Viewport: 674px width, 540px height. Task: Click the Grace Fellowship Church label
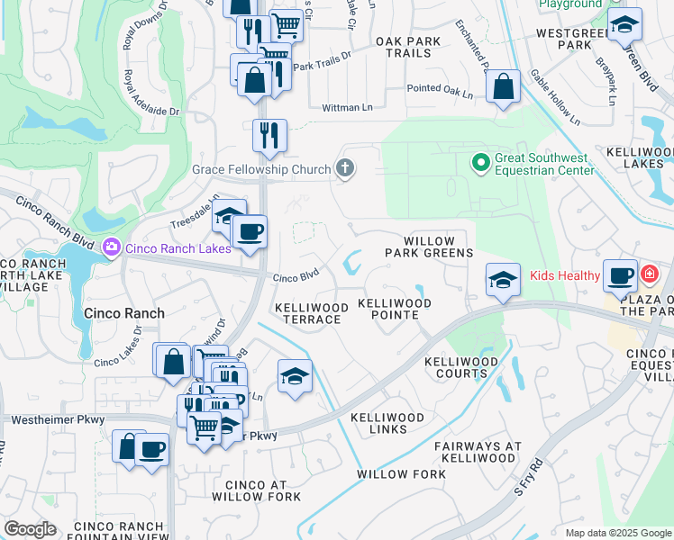260,168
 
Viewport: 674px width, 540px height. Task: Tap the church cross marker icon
343,167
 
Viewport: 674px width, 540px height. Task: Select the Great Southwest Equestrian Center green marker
480,163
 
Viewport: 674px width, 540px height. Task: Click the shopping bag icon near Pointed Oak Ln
503,87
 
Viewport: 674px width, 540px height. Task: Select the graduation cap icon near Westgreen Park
624,25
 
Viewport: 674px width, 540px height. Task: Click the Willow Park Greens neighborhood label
438,247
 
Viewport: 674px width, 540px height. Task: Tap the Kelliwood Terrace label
311,314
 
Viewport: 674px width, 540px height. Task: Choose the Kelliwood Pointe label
395,310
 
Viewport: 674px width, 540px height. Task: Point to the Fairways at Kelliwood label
478,452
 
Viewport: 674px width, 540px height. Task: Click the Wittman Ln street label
347,108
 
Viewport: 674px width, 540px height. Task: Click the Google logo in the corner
31,528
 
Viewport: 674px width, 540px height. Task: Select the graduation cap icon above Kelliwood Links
294,376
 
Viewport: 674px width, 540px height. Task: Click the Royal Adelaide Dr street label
139,95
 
